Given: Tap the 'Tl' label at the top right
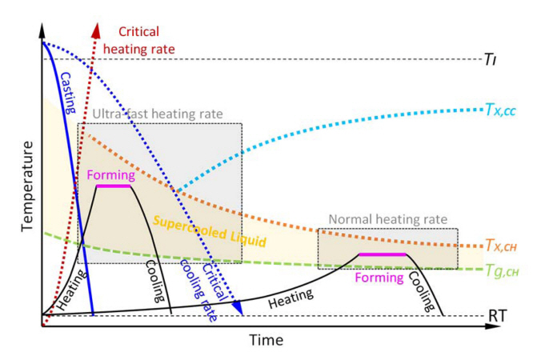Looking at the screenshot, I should (x=491, y=58).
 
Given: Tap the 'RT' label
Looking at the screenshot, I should (x=495, y=317).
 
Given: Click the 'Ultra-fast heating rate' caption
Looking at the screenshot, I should (x=157, y=114).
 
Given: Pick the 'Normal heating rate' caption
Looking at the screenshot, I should (x=387, y=218).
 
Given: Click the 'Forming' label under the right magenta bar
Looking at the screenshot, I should (x=381, y=277).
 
